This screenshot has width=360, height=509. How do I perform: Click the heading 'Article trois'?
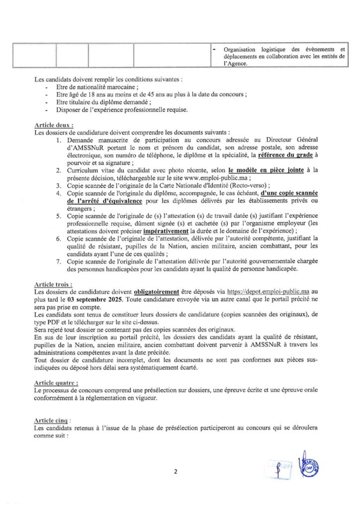(53, 284)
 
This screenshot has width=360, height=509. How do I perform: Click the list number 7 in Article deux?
(58, 261)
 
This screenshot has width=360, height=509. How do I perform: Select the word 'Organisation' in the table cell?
(239, 50)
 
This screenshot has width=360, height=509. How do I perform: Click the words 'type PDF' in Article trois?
(46, 322)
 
